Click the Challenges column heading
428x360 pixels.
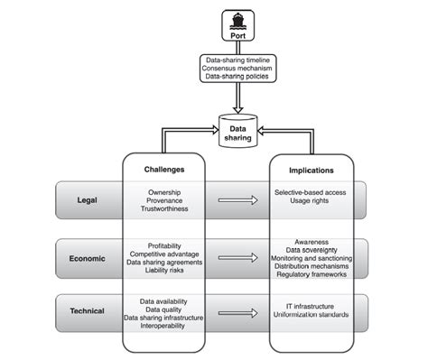tap(164, 168)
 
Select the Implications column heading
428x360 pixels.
tap(312, 168)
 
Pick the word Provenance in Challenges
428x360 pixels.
tap(164, 201)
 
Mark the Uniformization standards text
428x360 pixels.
tap(312, 315)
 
